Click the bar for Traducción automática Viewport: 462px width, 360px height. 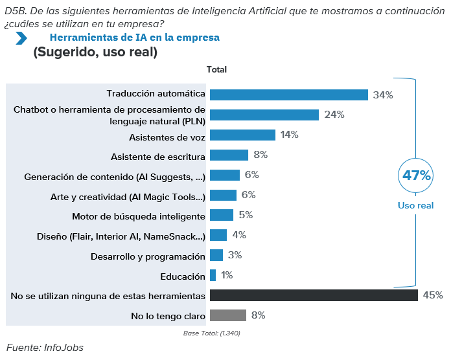click(x=289, y=95)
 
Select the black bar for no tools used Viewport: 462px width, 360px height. click(x=314, y=295)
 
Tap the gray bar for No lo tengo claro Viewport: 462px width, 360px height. click(x=228, y=315)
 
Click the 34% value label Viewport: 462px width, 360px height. click(x=383, y=95)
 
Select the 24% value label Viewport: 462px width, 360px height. click(x=334, y=115)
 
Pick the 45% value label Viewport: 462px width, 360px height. click(x=433, y=295)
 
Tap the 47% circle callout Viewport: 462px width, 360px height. click(x=416, y=175)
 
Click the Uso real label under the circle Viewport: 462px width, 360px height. click(x=416, y=205)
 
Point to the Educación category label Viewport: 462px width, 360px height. click(x=183, y=276)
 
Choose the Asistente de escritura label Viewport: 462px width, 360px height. click(x=158, y=155)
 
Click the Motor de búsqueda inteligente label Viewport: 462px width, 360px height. click(x=139, y=216)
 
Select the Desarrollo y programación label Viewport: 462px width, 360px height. click(x=148, y=256)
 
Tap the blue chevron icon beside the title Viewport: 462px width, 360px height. click(x=21, y=39)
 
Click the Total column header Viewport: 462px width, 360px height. click(x=216, y=69)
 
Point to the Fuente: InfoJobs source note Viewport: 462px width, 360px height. click(x=45, y=348)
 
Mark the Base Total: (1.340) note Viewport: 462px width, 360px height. click(x=213, y=333)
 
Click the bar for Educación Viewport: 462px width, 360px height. click(x=213, y=275)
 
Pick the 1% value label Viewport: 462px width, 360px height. click(x=227, y=275)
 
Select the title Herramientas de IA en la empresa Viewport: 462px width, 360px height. click(x=134, y=38)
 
